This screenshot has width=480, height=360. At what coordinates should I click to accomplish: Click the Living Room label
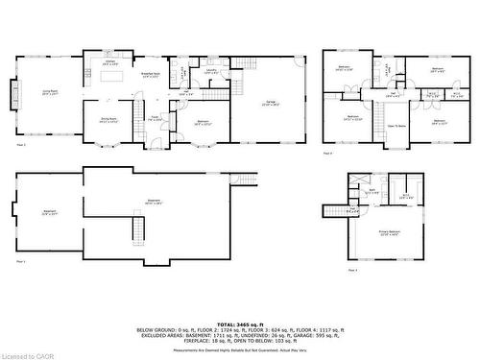click(45, 92)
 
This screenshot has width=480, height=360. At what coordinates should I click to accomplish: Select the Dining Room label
click(108, 120)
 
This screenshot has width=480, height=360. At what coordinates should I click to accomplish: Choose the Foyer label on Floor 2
click(154, 118)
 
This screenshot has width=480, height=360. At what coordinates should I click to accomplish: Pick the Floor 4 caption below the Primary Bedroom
click(352, 270)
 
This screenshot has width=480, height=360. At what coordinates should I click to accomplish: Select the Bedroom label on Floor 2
click(204, 122)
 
